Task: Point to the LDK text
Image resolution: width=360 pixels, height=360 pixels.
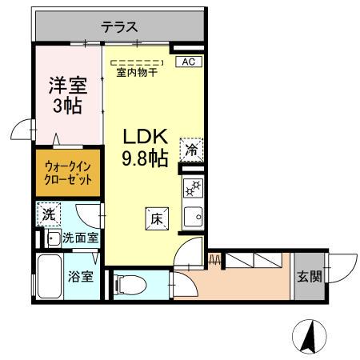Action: click(145, 137)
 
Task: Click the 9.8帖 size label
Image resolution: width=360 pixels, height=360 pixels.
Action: click(145, 158)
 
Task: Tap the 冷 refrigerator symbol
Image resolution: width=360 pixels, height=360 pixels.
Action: click(191, 149)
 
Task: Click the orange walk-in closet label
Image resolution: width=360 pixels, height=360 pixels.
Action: click(67, 173)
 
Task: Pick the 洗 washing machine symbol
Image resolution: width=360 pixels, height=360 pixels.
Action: click(48, 215)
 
